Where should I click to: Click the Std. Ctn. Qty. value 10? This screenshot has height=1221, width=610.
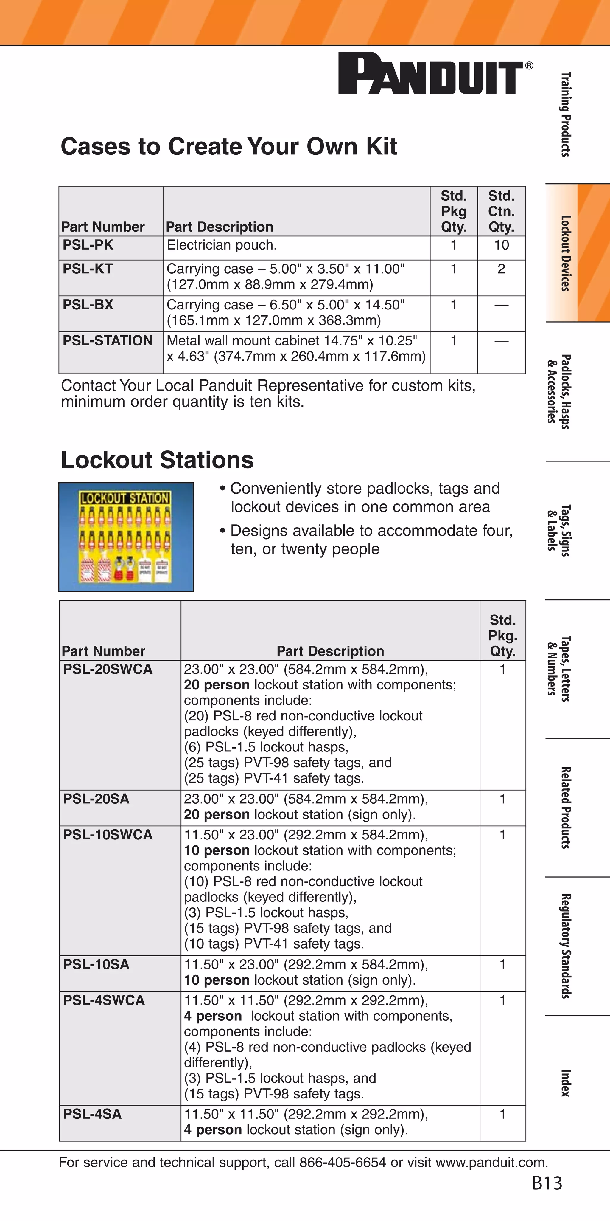(x=501, y=245)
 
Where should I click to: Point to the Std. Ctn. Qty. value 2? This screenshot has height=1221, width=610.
(x=501, y=269)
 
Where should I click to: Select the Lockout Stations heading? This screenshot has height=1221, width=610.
(x=157, y=460)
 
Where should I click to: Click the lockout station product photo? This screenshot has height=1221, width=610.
(x=126, y=537)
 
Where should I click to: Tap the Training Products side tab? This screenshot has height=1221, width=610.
(x=565, y=114)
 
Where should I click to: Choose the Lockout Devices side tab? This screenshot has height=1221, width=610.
(x=565, y=253)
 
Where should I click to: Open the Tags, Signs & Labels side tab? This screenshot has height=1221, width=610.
(x=559, y=530)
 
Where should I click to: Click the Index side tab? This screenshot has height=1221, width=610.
(x=565, y=1083)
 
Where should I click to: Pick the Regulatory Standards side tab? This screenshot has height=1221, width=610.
(x=565, y=946)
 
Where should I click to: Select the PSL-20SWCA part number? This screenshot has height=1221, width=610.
(x=108, y=669)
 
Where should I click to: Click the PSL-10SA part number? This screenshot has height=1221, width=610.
(x=96, y=965)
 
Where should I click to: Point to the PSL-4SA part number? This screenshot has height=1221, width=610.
(x=92, y=1114)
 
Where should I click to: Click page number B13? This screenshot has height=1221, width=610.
(x=547, y=1183)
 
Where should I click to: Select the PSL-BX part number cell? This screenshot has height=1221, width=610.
(x=88, y=304)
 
